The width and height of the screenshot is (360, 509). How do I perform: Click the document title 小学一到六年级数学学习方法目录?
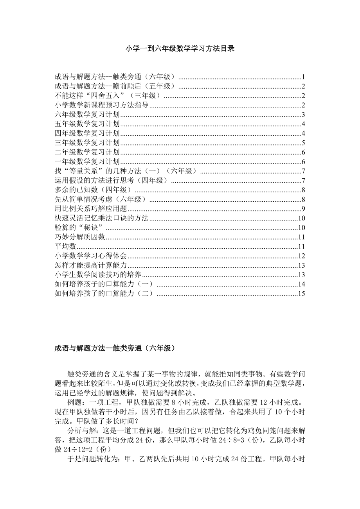click(x=180, y=49)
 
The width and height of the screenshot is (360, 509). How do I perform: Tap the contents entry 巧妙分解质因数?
click(x=80, y=237)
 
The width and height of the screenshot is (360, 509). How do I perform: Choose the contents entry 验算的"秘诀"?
click(x=80, y=228)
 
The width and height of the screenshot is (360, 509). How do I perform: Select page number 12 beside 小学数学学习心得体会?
click(x=301, y=256)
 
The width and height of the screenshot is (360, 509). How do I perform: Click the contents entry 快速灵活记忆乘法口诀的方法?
click(x=102, y=218)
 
